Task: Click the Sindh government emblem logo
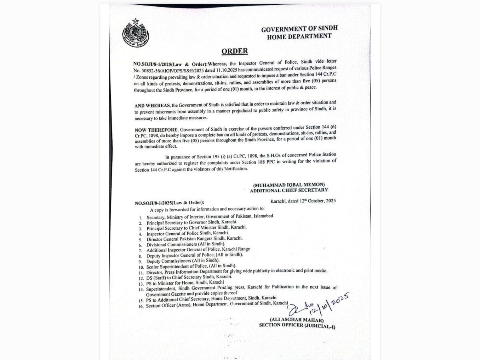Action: [x=135, y=33]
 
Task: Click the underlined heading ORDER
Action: [x=234, y=51]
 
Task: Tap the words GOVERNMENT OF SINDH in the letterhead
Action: [x=299, y=29]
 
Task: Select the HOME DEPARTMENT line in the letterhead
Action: [x=299, y=36]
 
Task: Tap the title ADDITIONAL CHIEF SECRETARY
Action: [x=289, y=190]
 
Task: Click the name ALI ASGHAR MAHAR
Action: [x=291, y=320]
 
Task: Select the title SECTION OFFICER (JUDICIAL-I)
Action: [x=297, y=326]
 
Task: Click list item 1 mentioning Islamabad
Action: [x=210, y=216]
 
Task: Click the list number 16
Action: [x=141, y=306]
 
